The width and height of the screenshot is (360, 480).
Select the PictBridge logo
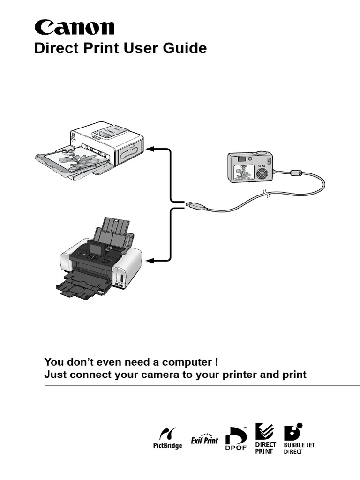point(167,438)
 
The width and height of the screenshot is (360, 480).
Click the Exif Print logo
point(204,439)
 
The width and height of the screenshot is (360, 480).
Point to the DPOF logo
point(236,440)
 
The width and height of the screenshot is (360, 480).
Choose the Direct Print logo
point(265,439)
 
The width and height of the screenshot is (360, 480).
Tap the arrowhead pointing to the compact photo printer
point(150,149)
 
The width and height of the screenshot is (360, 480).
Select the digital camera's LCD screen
point(242,172)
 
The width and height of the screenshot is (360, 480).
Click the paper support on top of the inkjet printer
point(115,227)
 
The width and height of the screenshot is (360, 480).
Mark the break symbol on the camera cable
point(267,193)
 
